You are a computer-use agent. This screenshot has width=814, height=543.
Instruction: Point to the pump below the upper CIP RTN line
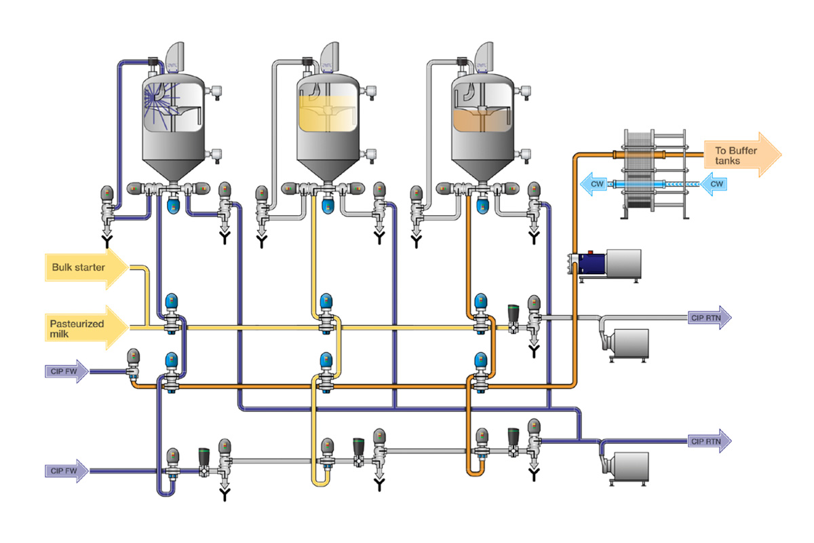point(624,343)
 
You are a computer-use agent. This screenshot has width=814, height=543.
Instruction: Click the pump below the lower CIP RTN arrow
point(624,466)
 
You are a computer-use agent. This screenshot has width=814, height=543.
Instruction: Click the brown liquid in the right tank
point(481,119)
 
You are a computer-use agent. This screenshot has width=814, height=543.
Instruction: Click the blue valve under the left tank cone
point(172,203)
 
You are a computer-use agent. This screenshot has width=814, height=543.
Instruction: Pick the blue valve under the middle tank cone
point(327,203)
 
